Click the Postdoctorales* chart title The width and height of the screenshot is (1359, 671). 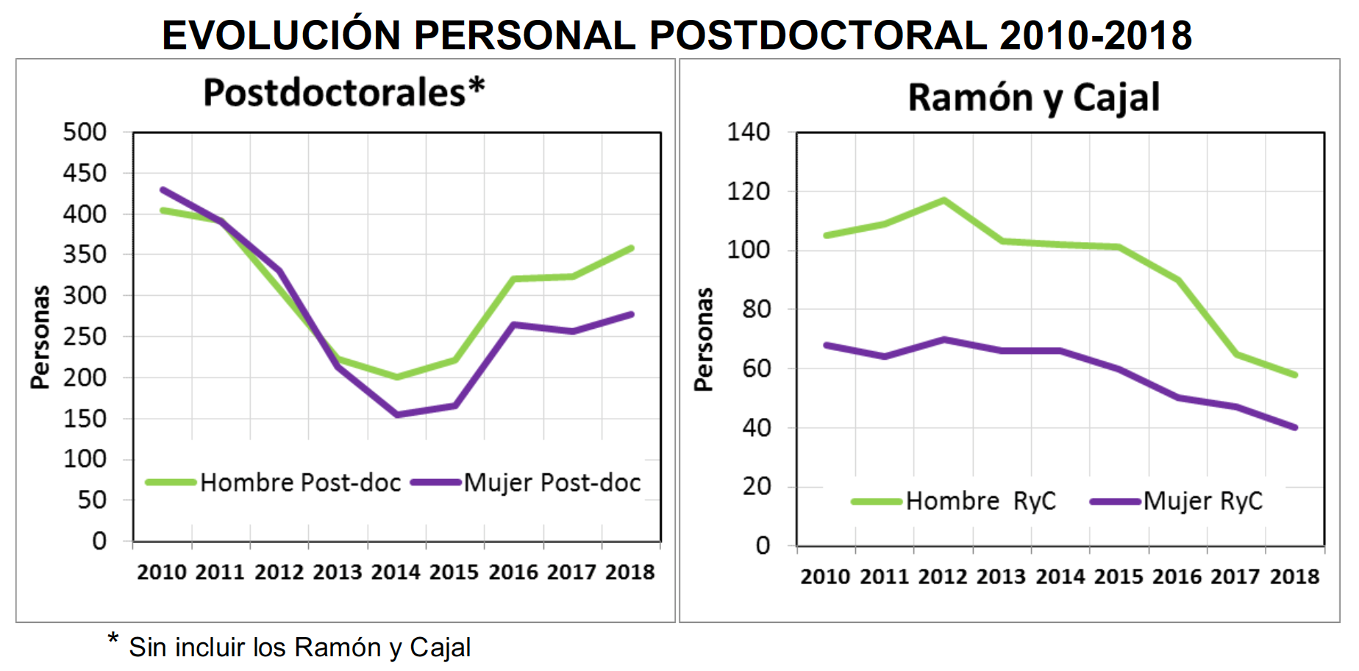pyautogui.click(x=343, y=93)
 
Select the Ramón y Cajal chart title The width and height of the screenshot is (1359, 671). pyautogui.click(x=1034, y=97)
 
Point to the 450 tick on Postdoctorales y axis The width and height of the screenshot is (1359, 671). pyautogui.click(x=85, y=174)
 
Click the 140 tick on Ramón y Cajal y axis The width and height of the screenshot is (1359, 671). pyautogui.click(x=748, y=132)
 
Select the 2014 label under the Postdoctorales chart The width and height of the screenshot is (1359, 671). pyautogui.click(x=396, y=572)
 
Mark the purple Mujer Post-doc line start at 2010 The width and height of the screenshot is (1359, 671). pyautogui.click(x=163, y=190)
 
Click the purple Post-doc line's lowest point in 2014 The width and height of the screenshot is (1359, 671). pyautogui.click(x=397, y=415)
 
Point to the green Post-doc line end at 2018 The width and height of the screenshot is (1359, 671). pyautogui.click(x=631, y=249)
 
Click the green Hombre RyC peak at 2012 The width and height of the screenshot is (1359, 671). pyautogui.click(x=944, y=200)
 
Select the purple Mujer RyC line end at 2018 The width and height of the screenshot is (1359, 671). pyautogui.click(x=1294, y=427)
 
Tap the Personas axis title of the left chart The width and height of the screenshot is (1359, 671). pyautogui.click(x=40, y=336)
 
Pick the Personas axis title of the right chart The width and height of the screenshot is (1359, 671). pyautogui.click(x=704, y=339)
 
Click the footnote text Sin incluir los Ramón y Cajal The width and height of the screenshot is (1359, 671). pyautogui.click(x=299, y=647)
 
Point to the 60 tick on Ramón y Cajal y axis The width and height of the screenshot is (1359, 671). pyautogui.click(x=756, y=368)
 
